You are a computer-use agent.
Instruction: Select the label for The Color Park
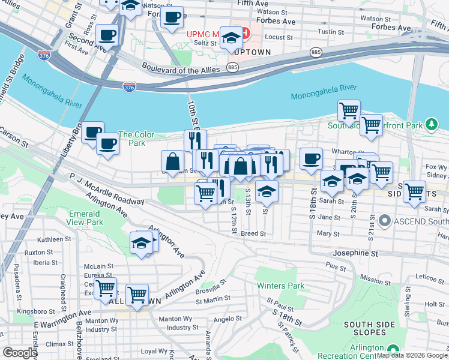coord(131,139)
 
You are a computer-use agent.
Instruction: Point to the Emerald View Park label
coord(85,218)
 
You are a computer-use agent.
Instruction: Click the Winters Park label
coord(280,286)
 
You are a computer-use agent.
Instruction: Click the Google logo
coord(20,353)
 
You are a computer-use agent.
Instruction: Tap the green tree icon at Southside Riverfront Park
coord(431,124)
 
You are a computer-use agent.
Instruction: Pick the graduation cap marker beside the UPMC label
coord(231,38)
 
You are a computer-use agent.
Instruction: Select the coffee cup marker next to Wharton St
coord(311,158)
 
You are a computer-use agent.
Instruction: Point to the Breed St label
coord(253,233)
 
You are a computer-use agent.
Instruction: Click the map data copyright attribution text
coord(412,355)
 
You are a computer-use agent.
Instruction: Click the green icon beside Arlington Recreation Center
coord(393,349)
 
